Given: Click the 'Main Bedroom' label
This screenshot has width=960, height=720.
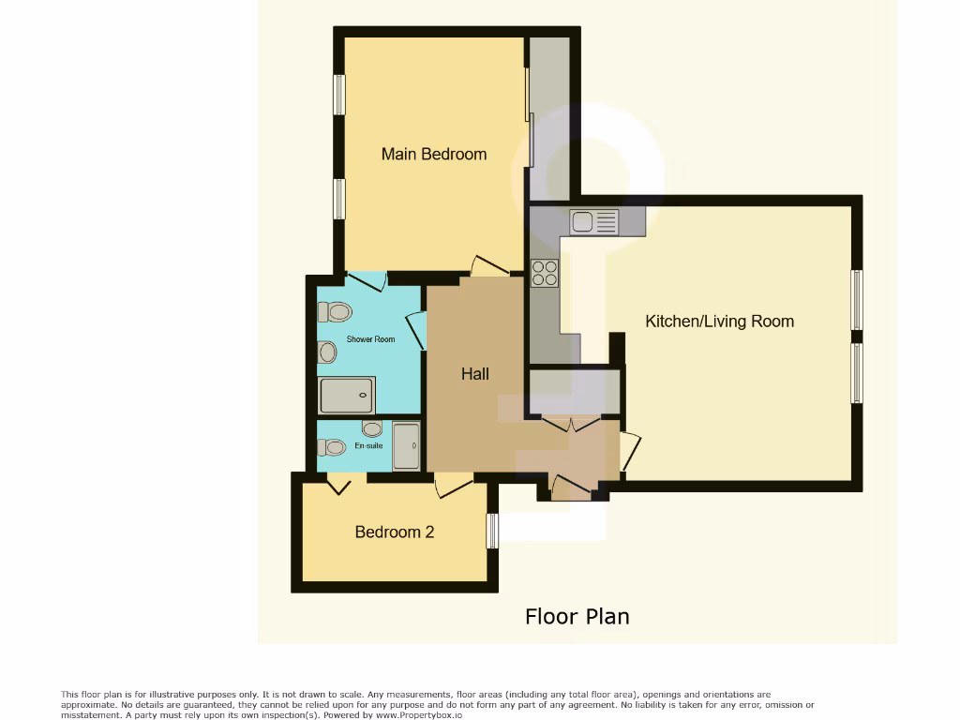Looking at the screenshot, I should pos(433,154).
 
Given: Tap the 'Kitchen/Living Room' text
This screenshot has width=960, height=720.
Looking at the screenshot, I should pos(719,321).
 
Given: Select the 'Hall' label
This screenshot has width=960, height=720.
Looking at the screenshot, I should pos(474,374).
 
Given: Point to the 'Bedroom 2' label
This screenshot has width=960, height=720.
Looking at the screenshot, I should pos(394,532).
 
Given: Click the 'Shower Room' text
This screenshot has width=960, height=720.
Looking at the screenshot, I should pos(370,339).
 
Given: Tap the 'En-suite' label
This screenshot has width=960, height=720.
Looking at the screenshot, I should pos(368,447).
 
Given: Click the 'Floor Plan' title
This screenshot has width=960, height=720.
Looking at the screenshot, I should pos(577,616).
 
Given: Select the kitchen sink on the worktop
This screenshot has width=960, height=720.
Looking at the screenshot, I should pos(594,222).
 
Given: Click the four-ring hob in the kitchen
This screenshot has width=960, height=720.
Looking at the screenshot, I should pos(545,273).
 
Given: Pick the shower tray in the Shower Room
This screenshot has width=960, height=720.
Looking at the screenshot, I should pos(347,395).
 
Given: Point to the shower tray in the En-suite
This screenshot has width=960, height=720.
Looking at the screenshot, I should pos(405,446).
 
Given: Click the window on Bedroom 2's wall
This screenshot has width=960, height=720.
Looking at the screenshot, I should pos(492,531).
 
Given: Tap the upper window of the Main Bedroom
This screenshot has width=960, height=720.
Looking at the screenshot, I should pos(339,95).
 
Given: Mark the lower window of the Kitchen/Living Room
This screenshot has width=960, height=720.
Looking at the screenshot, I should pos(856,373).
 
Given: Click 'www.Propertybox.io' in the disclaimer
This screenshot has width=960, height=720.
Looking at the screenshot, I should pos(416,715).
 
